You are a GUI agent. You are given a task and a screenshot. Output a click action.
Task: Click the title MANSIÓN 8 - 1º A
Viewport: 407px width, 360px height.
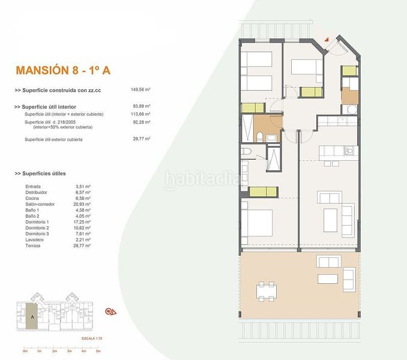tap(62, 70)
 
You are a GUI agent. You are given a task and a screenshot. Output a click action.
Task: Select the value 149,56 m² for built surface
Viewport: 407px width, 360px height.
tap(140, 89)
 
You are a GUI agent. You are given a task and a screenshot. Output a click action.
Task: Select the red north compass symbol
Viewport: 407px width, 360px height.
tap(110, 311)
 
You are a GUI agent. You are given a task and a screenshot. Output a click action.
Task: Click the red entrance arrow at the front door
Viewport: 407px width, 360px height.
tap(327, 53)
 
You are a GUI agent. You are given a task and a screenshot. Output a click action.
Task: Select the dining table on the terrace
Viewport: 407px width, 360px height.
tap(268, 292)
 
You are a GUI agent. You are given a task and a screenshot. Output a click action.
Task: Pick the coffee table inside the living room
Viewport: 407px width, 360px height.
tap(330, 215)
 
